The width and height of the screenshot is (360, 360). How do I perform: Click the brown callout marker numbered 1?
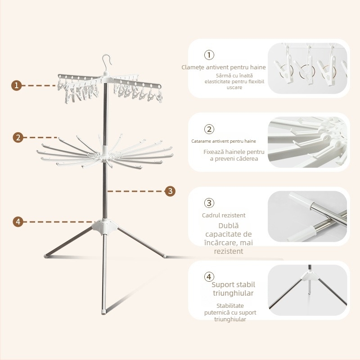tap(16, 85)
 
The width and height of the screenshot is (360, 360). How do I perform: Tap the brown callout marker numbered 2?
tap(18, 138)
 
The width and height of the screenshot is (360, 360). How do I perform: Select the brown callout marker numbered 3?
tap(170, 191)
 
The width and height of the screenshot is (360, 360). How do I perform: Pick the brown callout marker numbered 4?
tap(18, 222)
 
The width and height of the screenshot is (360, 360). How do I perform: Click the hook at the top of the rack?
tap(107, 62)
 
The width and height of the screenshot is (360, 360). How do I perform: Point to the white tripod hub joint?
tap(105, 227)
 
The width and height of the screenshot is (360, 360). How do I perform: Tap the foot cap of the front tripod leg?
tap(104, 312)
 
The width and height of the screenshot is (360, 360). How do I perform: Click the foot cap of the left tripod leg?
tap(46, 256)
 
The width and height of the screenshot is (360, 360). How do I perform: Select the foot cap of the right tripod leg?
tap(164, 255)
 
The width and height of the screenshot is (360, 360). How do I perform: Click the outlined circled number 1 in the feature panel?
tap(209, 55)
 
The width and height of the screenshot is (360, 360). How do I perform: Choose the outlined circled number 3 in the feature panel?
tap(209, 203)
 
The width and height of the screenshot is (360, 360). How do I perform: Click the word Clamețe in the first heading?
tap(193, 67)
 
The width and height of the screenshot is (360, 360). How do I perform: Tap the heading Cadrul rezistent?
tap(224, 216)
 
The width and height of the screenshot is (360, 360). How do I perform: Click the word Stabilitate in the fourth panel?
tap(230, 306)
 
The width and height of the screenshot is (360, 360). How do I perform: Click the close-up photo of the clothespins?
tap(307, 68)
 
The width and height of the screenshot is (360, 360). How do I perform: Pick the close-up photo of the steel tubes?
tap(307, 216)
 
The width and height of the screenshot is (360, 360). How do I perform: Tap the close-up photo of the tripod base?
tap(307, 290)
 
